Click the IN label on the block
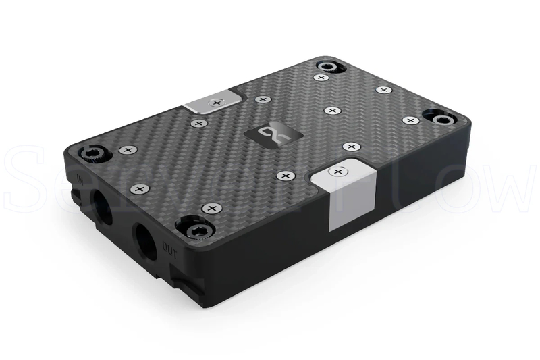81,180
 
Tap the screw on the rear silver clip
216,102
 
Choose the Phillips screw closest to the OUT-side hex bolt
212,207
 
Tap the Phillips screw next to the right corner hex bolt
410,120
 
